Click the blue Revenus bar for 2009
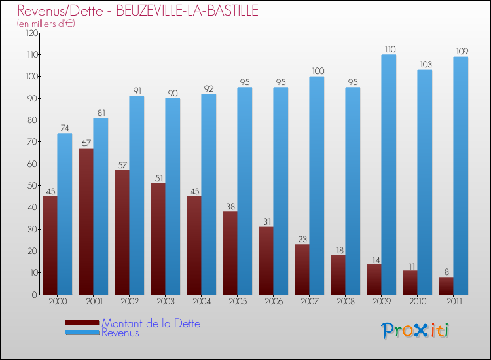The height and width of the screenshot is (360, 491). click(389, 174)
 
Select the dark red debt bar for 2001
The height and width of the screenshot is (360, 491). click(86, 221)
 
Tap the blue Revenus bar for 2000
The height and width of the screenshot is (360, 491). click(65, 213)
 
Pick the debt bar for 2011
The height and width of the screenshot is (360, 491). click(446, 285)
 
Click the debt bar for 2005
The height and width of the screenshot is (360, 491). click(230, 253)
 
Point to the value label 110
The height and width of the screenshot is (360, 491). click(389, 49)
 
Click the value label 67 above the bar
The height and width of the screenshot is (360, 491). click(86, 143)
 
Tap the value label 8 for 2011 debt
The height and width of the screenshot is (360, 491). click(446, 272)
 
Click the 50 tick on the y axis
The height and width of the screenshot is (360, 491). click(31, 186)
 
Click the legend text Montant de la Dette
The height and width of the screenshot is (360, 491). click(151, 323)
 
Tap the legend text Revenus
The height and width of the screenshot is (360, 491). click(120, 333)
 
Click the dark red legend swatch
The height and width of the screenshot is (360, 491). click(82, 323)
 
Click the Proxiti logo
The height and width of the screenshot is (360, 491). click(416, 331)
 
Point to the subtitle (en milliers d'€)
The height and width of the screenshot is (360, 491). click(46, 24)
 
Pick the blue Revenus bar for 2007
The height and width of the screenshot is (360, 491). click(317, 185)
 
